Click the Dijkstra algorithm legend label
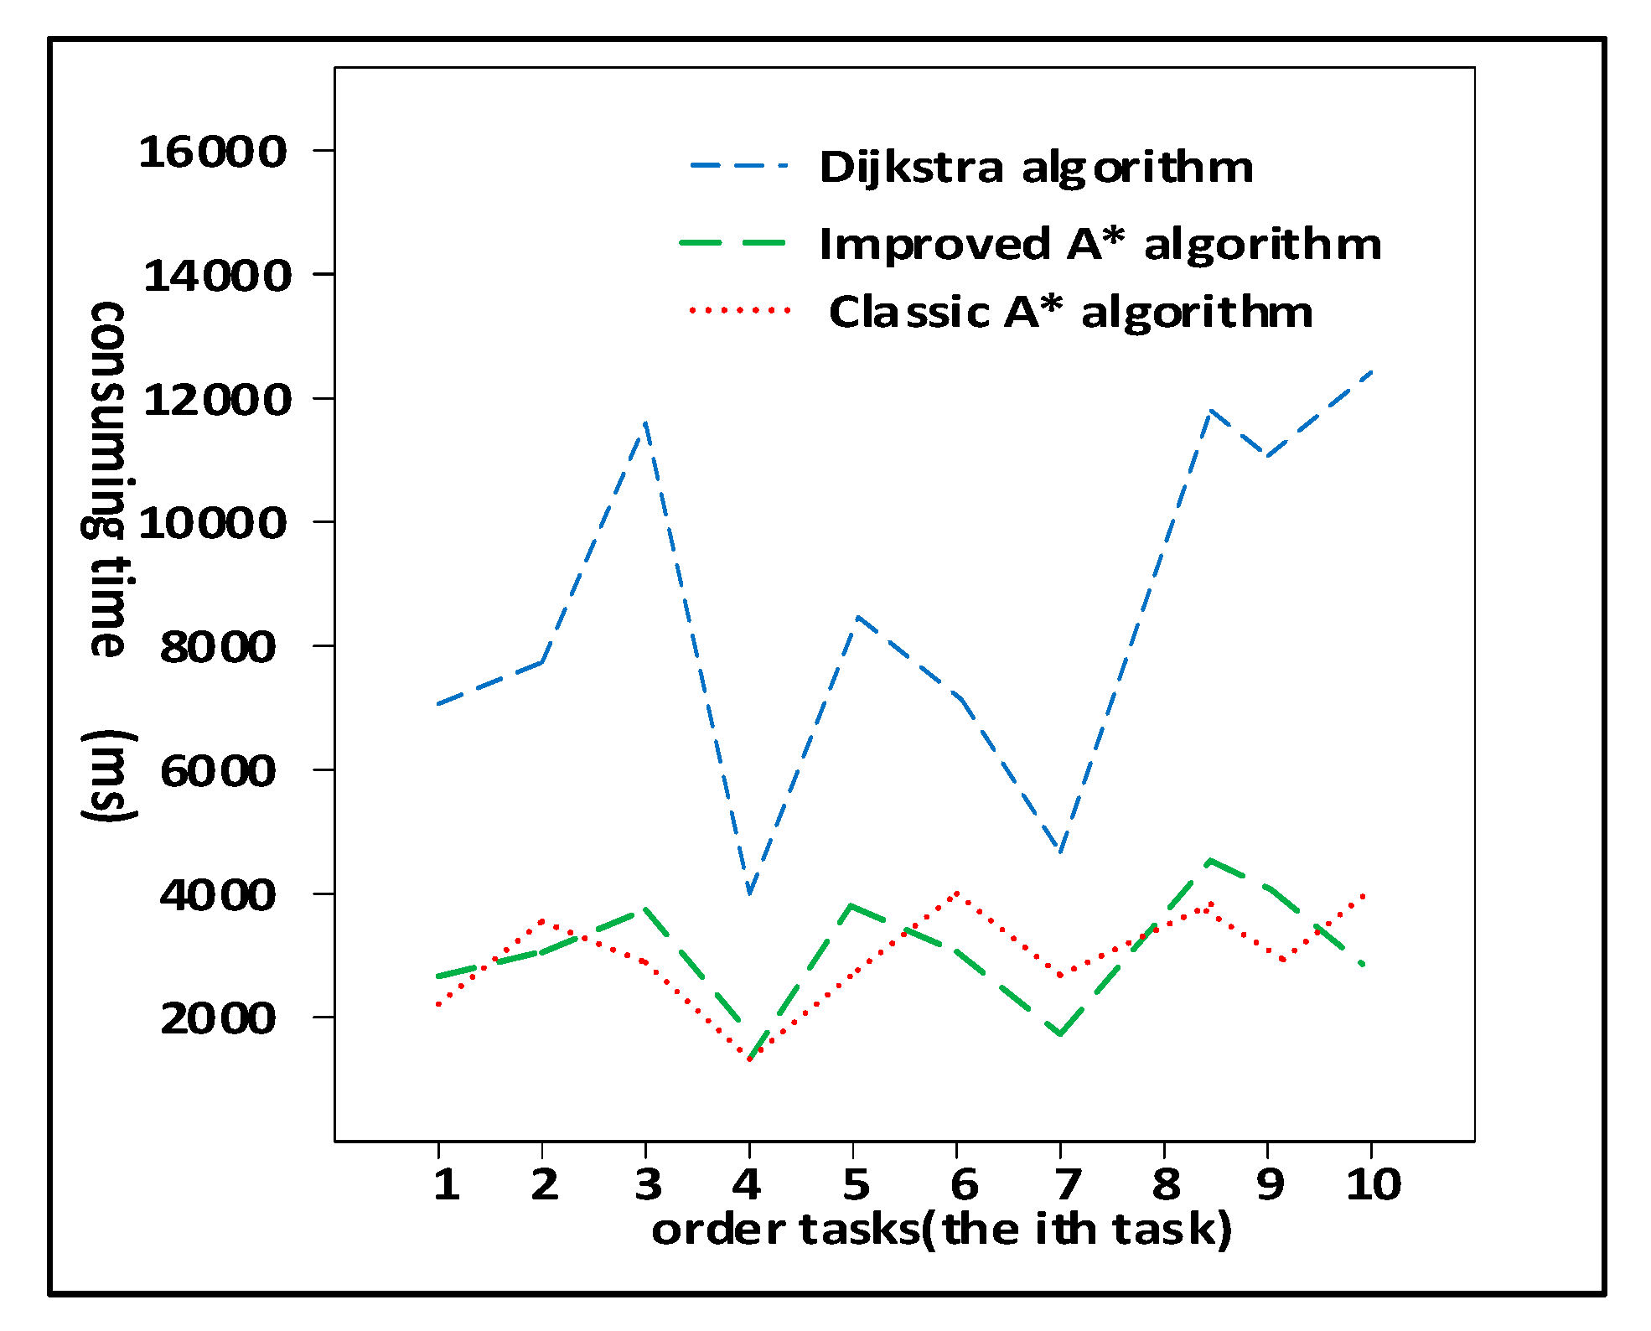click(x=1036, y=167)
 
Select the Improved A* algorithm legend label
click(x=1100, y=245)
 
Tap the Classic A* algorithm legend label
click(x=1070, y=313)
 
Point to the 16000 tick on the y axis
click(x=213, y=152)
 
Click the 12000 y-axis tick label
click(x=217, y=399)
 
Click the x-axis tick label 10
click(x=1373, y=1184)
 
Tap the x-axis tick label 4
click(x=747, y=1184)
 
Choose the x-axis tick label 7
click(x=1066, y=1184)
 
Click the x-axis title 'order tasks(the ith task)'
click(x=941, y=1230)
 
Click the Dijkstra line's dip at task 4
click(x=748, y=893)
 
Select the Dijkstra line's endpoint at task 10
click(x=1371, y=371)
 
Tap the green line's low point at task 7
click(x=1060, y=1035)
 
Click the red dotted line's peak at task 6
click(x=957, y=893)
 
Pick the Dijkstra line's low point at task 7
click(x=1060, y=852)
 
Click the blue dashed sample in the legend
click(x=739, y=166)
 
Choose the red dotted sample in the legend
click(x=739, y=310)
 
